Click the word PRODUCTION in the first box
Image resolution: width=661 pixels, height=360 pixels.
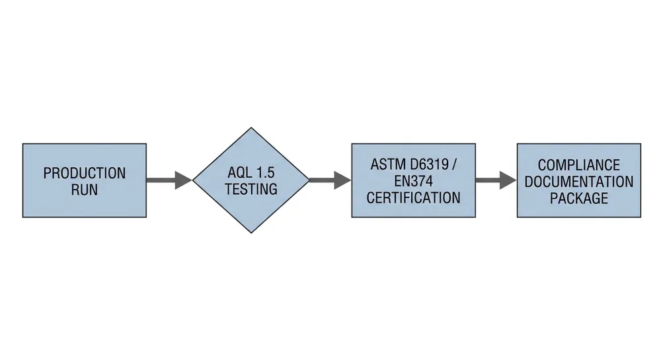pyautogui.click(x=84, y=173)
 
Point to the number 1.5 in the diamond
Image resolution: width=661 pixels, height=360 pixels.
pyautogui.click(x=264, y=173)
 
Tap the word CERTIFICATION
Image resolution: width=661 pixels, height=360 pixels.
pyautogui.click(x=413, y=197)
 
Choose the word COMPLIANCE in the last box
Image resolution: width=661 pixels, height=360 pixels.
pyautogui.click(x=578, y=164)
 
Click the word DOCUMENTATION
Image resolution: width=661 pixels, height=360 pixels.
pyautogui.click(x=578, y=181)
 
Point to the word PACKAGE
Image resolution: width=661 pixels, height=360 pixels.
pyautogui.click(x=578, y=198)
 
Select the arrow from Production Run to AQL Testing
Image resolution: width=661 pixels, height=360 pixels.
pyautogui.click(x=169, y=180)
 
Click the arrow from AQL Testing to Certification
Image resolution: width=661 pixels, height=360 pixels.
pyautogui.click(x=329, y=180)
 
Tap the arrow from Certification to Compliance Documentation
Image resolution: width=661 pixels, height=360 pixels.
pyautogui.click(x=495, y=180)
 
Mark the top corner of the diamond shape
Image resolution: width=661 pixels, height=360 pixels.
pyautogui.click(x=251, y=128)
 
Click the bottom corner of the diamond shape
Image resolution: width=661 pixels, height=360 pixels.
pyautogui.click(x=251, y=232)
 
